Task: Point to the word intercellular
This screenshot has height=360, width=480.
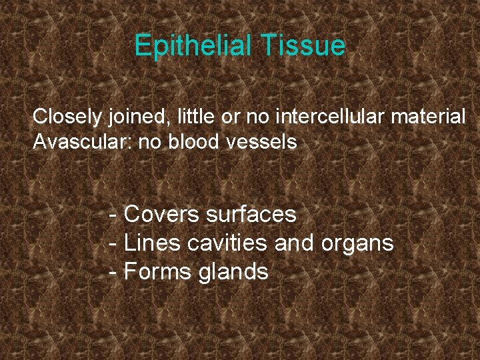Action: click(x=331, y=117)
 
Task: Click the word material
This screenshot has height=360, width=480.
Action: click(x=428, y=117)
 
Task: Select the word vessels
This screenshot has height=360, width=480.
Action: click(x=267, y=141)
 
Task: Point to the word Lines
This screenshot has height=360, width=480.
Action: click(x=152, y=243)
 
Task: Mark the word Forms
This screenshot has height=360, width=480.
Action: click(x=158, y=272)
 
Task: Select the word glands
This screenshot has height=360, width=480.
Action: click(x=233, y=272)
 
